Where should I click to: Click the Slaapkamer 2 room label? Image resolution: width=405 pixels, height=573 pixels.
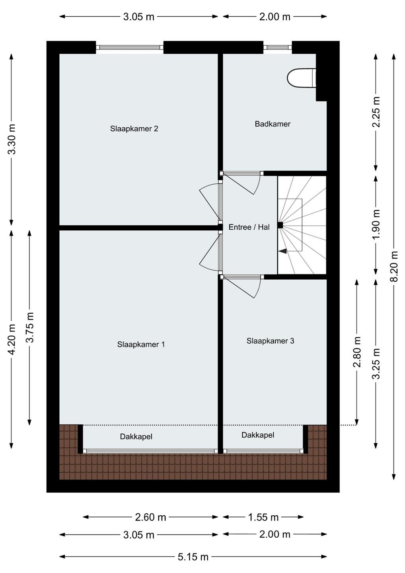tap(134, 129)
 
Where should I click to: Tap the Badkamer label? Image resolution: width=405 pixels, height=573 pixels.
tap(273, 124)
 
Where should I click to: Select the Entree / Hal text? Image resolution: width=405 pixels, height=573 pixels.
tap(249, 227)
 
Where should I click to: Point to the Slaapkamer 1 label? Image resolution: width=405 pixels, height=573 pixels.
tap(141, 344)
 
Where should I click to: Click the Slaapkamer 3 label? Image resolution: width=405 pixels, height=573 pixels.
tap(270, 341)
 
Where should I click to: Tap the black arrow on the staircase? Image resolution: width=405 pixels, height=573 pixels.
tap(282, 251)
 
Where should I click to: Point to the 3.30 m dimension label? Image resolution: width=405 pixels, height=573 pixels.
tap(12, 139)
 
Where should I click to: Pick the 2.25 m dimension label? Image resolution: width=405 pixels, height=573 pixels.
tap(376, 112)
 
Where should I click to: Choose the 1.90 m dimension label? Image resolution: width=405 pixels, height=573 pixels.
tap(376, 224)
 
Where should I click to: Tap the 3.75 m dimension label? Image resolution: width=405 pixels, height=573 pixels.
tap(30, 327)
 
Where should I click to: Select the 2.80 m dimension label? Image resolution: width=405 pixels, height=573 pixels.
tap(357, 352)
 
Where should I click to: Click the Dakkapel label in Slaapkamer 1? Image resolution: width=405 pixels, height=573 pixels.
tap(136, 437)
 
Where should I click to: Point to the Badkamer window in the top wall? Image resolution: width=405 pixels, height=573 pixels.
tap(278, 47)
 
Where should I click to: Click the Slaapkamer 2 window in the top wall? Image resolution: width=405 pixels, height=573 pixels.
tap(130, 47)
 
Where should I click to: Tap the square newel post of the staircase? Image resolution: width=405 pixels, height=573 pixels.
tap(280, 225)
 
